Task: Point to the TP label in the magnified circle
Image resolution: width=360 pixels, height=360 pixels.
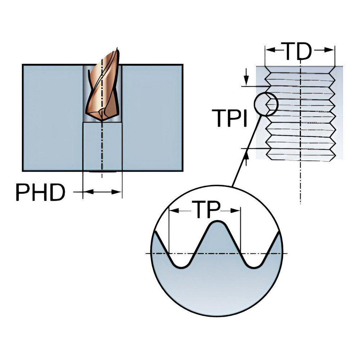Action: tap(204, 210)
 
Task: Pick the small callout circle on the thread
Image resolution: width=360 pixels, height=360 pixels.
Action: tap(266, 104)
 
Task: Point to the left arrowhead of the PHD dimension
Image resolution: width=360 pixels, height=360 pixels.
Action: tap(86, 192)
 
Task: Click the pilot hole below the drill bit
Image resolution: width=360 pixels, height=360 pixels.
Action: tap(102, 146)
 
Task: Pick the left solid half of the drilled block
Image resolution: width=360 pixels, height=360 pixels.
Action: tap(52, 117)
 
